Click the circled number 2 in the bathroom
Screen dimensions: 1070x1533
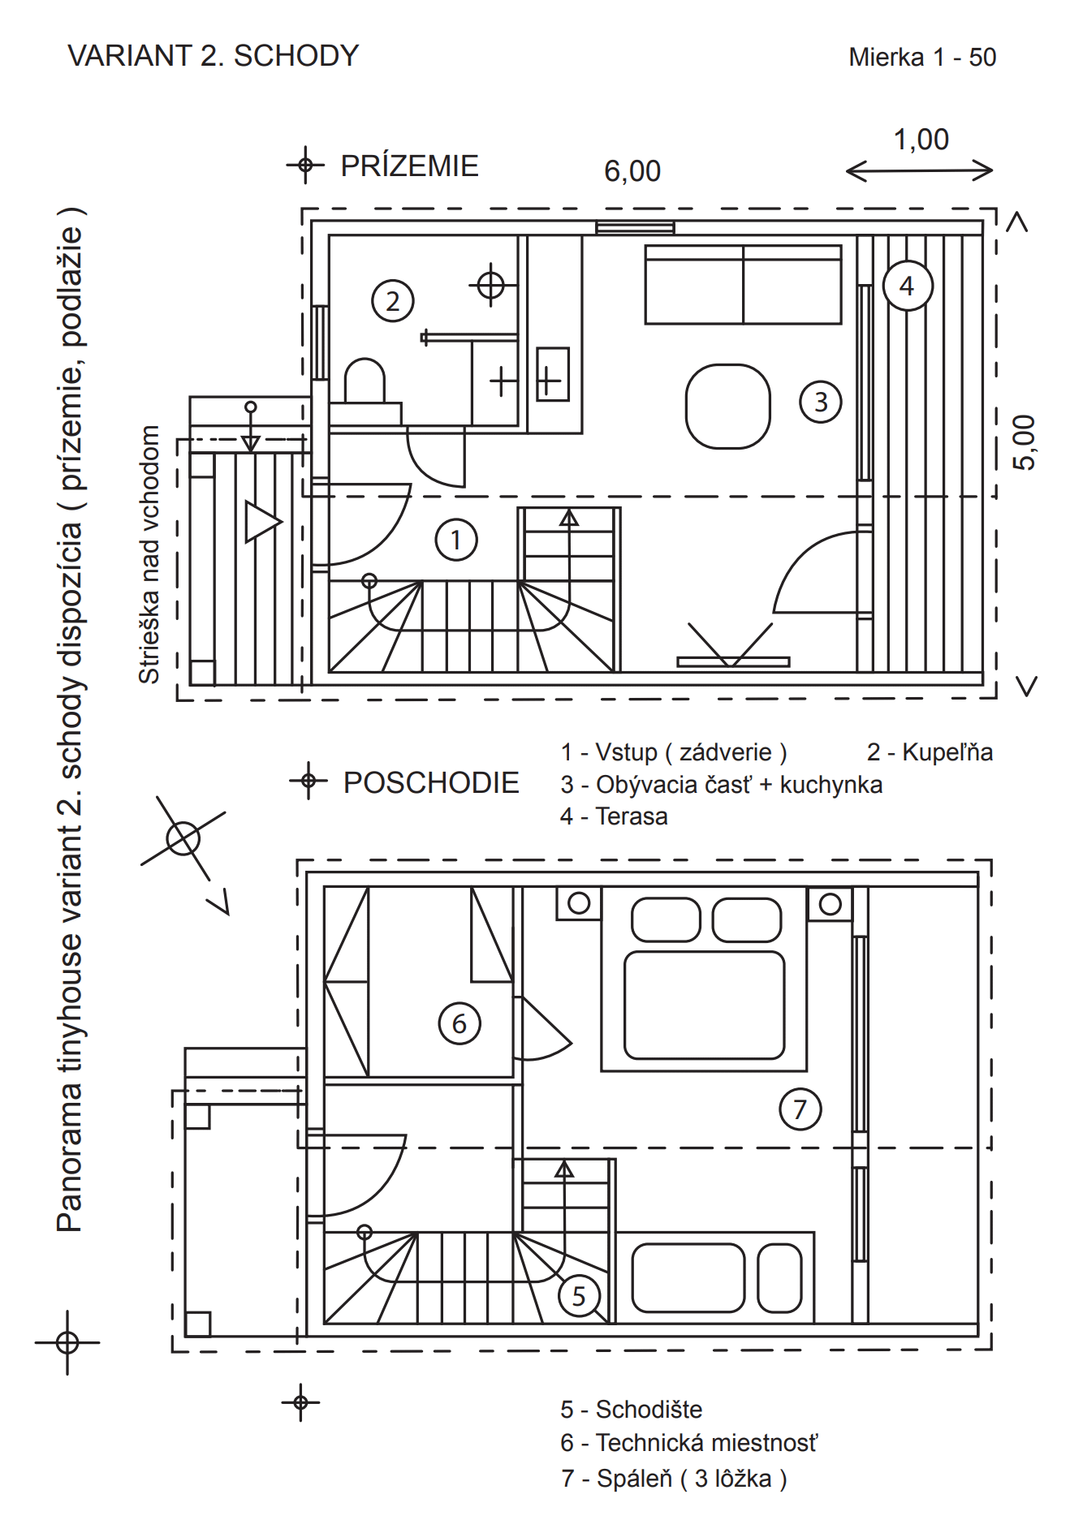tap(393, 300)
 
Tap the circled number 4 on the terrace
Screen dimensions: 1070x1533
tap(907, 286)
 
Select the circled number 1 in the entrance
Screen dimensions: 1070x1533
tap(456, 540)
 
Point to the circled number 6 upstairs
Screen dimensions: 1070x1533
tap(459, 1023)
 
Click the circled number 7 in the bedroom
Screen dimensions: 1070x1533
tap(800, 1109)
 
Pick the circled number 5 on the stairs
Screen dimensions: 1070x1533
tap(579, 1296)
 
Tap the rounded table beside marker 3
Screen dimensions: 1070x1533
tap(727, 406)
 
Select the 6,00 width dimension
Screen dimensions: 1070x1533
tap(632, 171)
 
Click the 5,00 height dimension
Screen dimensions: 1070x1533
tap(1024, 442)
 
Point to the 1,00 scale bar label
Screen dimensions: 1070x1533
tap(921, 140)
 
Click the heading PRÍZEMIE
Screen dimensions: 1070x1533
tap(409, 166)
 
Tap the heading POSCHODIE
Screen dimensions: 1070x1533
tap(431, 782)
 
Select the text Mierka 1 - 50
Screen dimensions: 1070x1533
tap(922, 57)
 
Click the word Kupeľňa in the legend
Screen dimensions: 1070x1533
tap(947, 752)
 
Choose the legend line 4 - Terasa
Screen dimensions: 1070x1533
tap(614, 816)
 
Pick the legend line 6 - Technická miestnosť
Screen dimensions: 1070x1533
tap(688, 1443)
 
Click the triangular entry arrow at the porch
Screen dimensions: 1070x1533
tap(262, 522)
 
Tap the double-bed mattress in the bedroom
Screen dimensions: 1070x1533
tap(704, 1005)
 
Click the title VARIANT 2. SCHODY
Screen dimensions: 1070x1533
tap(214, 56)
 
